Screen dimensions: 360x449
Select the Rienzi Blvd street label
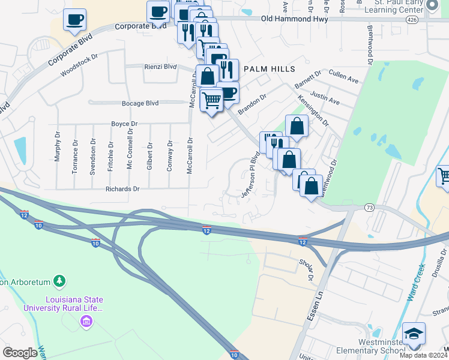[x=160, y=67]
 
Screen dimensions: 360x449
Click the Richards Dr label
[x=122, y=188]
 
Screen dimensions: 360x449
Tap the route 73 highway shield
[x=369, y=207]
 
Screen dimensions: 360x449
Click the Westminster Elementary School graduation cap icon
[x=414, y=333]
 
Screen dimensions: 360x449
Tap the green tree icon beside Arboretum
[x=59, y=280]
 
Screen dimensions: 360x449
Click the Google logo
[x=20, y=353]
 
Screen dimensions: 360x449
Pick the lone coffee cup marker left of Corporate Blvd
[x=74, y=20]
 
